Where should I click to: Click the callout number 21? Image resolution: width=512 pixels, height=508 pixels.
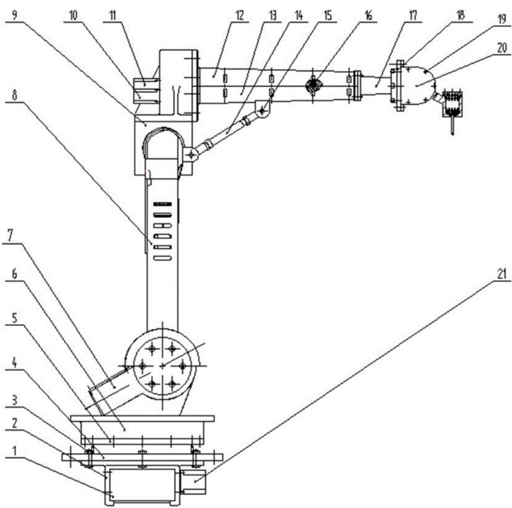click(501, 274)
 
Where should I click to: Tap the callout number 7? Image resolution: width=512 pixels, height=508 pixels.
click(10, 235)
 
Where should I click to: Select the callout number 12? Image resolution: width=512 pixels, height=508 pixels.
click(240, 15)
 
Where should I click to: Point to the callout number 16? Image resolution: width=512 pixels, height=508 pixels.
click(367, 15)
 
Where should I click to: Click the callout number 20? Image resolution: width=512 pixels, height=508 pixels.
click(502, 48)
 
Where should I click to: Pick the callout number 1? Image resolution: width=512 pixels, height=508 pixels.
click(14, 451)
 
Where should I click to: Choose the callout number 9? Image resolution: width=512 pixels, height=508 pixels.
click(14, 15)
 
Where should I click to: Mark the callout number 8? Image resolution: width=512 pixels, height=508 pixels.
click(14, 95)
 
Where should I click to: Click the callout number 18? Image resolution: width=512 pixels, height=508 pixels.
click(460, 15)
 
